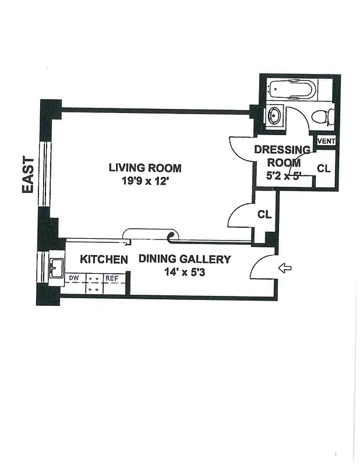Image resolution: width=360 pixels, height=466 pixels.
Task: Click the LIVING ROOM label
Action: click(145, 168)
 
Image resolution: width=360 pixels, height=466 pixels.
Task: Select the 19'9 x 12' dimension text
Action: click(145, 181)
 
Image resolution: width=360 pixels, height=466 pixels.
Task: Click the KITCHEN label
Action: click(104, 259)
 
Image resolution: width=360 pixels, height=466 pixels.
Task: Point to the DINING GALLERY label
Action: click(184, 259)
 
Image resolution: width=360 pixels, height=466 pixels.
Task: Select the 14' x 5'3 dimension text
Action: click(184, 271)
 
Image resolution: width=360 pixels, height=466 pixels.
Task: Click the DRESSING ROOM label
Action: click(282, 156)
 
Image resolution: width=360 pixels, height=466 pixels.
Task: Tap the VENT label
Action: click(326, 142)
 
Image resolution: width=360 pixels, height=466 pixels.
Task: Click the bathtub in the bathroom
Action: click(292, 89)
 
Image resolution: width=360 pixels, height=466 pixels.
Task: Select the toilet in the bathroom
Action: click(323, 116)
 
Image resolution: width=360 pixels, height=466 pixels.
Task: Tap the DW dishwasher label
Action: click(73, 278)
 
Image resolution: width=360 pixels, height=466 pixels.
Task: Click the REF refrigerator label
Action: click(111, 278)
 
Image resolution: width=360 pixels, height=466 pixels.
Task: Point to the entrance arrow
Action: click(285, 268)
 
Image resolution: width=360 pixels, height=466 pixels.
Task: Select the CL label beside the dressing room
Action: click(324, 168)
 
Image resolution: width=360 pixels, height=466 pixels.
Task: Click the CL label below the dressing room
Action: click(264, 214)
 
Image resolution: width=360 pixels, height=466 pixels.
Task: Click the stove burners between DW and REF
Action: click(93, 284)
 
